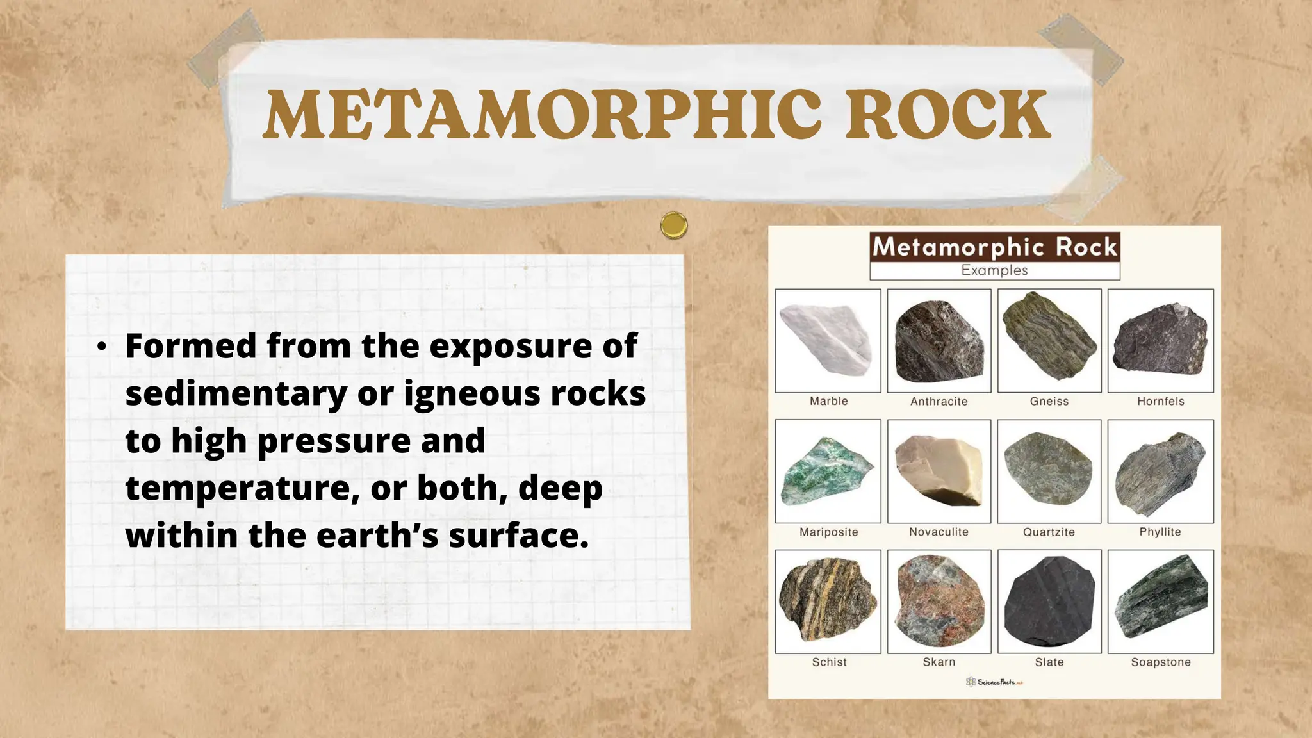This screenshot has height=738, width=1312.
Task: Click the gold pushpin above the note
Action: (674, 225)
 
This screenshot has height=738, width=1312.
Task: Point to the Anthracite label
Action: (939, 402)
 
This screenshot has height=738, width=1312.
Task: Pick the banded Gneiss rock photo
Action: (1049, 338)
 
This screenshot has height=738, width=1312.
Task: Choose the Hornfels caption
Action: (1161, 402)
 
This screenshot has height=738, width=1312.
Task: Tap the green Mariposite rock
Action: (826, 471)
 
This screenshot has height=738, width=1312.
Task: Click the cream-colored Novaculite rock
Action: (939, 471)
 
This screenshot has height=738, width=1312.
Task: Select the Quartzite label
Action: (1049, 532)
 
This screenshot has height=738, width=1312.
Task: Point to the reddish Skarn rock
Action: (939, 601)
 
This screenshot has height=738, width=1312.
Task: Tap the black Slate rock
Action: (1049, 601)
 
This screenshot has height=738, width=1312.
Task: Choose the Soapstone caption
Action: (1161, 662)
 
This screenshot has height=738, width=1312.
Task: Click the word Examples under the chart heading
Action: (994, 270)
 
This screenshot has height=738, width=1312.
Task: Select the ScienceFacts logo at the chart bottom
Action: (994, 682)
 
